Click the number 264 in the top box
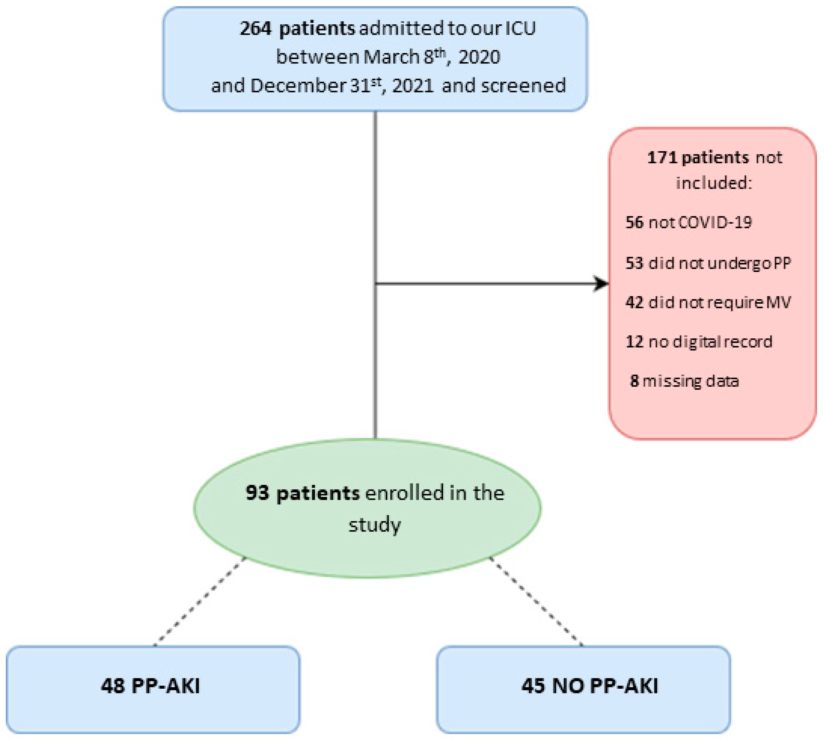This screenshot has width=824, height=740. pyautogui.click(x=255, y=28)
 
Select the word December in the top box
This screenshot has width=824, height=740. pyautogui.click(x=297, y=86)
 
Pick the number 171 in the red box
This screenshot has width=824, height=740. pyautogui.click(x=662, y=157)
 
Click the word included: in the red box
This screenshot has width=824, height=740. pyautogui.click(x=714, y=183)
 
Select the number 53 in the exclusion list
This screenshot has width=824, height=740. pyautogui.click(x=634, y=263)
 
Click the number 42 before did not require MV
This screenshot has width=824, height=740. pyautogui.click(x=634, y=302)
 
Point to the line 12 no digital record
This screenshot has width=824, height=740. pyautogui.click(x=699, y=341)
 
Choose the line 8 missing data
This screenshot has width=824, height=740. pyautogui.click(x=684, y=381)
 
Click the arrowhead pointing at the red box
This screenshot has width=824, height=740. pyautogui.click(x=601, y=283)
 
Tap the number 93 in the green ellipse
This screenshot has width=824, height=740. pyautogui.click(x=257, y=493)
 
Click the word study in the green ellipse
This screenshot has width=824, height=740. pyautogui.click(x=375, y=524)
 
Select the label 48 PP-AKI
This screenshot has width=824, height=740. pyautogui.click(x=150, y=686)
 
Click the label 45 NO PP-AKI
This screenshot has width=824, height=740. pyautogui.click(x=590, y=686)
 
